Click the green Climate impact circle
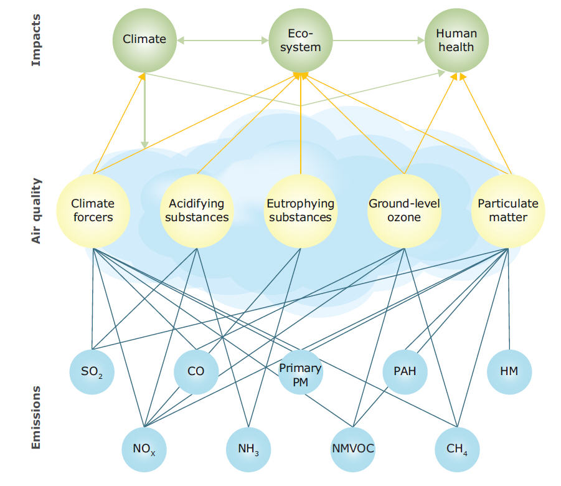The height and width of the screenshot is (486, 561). point(144,40)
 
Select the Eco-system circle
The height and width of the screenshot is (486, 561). point(301,40)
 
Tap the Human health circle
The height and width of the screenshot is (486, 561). point(456,40)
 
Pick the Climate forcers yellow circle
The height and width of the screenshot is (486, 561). point(93,211)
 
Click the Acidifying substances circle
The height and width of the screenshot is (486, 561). point(197,211)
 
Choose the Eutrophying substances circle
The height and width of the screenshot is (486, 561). point(301,211)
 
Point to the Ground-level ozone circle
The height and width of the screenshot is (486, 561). point(404,211)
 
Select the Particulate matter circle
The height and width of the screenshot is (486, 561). point(508,211)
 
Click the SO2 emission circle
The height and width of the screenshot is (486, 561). point(92,372)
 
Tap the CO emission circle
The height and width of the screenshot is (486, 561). point(196,372)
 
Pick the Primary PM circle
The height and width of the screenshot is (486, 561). point(301,372)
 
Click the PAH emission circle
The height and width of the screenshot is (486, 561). point(405,372)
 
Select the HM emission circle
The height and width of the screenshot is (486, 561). point(509,372)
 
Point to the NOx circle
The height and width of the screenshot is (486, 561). point(144,449)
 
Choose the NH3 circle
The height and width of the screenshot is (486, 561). point(248,449)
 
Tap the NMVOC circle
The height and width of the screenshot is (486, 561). point(353,449)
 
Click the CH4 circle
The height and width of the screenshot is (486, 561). point(457,449)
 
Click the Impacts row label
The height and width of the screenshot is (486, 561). point(36,40)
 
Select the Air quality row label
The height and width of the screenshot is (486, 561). point(36,211)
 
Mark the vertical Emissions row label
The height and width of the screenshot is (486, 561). point(36,417)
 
